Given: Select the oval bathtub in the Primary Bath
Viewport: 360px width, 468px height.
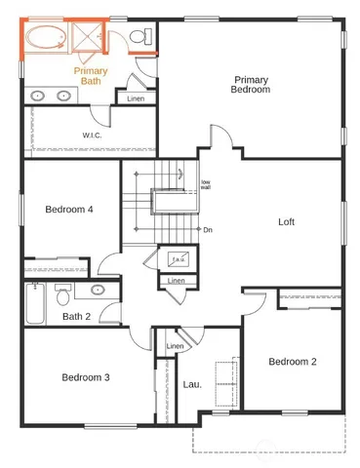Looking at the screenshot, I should tap(45, 40).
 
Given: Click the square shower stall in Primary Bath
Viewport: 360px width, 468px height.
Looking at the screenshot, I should tap(89, 40).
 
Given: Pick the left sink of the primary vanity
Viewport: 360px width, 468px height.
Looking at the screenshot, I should tap(39, 96).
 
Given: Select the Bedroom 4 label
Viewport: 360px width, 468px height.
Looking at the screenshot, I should tap(69, 209).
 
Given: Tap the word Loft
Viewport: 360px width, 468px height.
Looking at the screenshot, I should tap(286, 221).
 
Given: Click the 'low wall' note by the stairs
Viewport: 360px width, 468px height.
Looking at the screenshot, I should tap(206, 185).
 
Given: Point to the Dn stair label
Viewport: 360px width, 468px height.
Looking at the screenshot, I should tap(208, 230).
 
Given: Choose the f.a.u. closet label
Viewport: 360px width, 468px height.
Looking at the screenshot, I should tap(178, 259).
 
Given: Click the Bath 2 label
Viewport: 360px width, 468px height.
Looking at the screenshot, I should tap(77, 316).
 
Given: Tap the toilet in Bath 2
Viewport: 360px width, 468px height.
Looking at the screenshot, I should tap(63, 292).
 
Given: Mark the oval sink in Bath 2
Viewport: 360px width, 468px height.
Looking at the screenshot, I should tap(99, 290).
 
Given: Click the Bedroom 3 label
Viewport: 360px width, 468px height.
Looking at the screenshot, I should tap(86, 377).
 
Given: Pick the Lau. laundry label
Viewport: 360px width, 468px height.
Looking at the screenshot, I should tap(192, 384).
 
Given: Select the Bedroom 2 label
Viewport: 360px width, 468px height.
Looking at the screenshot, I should tap(293, 362).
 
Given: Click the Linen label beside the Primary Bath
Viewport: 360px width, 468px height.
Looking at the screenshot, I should tap(136, 97).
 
